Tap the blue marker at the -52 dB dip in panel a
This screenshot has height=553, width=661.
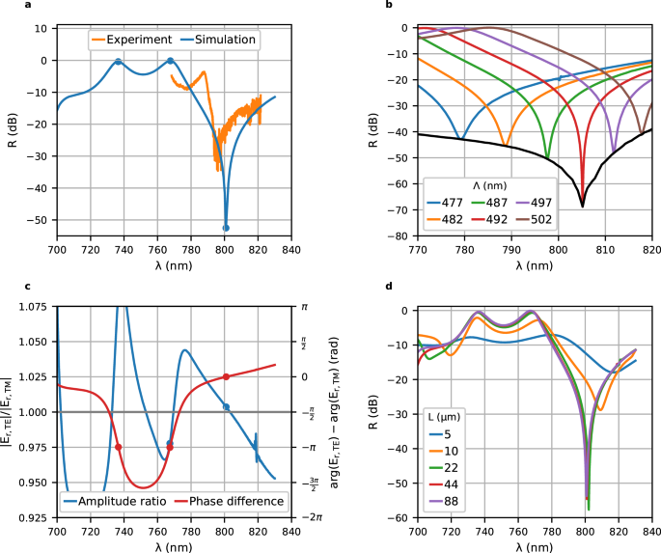226,228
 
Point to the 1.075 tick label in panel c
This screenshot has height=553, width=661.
29,307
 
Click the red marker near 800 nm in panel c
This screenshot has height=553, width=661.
226,376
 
